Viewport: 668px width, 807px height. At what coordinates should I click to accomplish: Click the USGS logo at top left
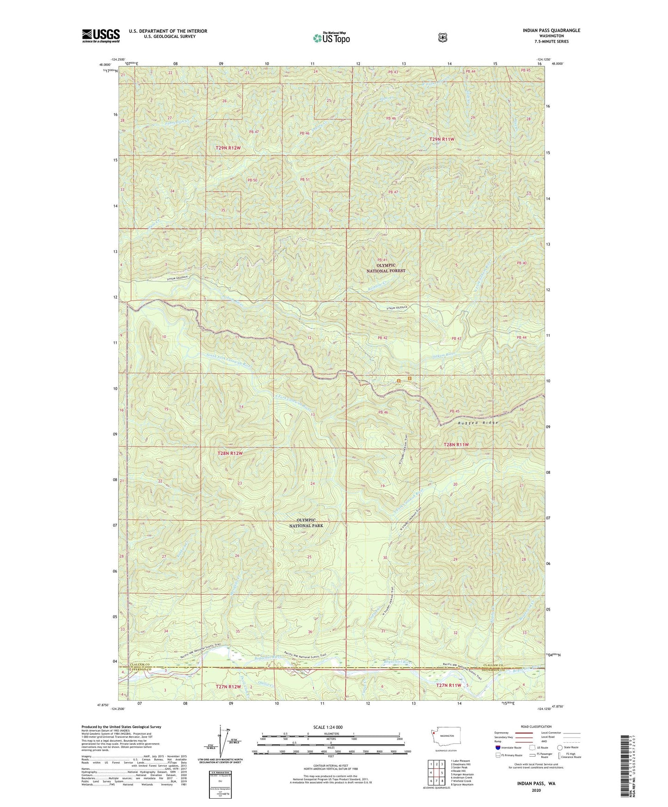[101, 36]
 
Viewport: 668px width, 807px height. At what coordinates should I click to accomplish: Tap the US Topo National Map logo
[331, 38]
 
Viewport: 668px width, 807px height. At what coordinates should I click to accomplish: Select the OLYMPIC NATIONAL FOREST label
[386, 268]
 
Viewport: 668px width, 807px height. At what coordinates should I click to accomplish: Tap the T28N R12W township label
[230, 453]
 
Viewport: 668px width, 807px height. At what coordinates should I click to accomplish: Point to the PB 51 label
[304, 180]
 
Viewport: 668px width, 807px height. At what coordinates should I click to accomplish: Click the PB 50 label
[252, 180]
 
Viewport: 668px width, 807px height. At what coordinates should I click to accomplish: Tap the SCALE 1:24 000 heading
[328, 728]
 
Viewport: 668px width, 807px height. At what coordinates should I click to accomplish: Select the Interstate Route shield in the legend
[497, 747]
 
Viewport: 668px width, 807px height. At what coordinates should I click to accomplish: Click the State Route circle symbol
[560, 747]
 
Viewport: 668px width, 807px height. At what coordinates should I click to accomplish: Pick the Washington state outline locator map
[442, 738]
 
